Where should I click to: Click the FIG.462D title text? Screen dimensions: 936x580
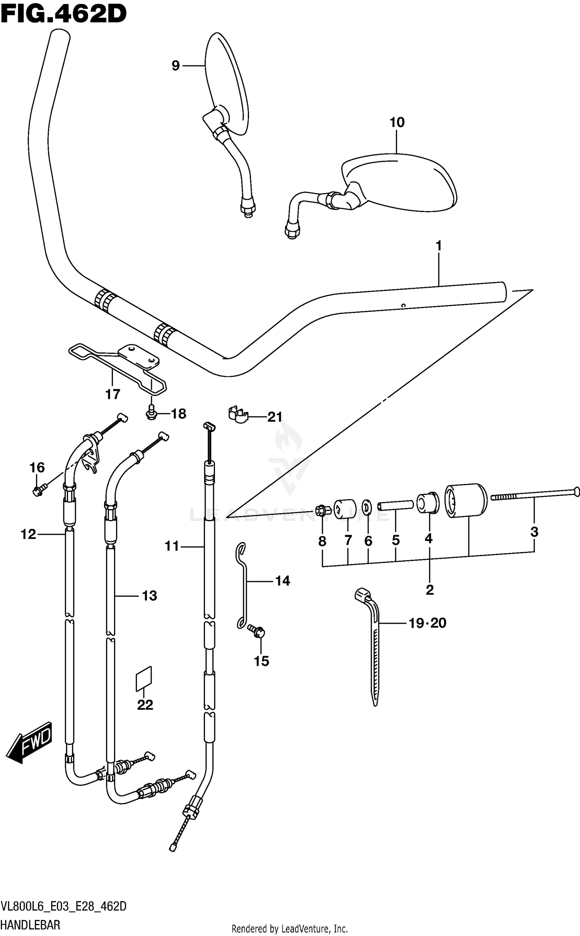(x=64, y=14)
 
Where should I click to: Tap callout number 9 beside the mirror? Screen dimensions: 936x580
(x=176, y=66)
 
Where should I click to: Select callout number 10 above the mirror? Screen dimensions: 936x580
(x=397, y=123)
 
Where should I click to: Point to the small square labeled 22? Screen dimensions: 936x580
(x=144, y=679)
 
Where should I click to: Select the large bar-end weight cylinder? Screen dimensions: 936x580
(x=466, y=500)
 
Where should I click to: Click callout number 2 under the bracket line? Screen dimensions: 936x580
(x=430, y=590)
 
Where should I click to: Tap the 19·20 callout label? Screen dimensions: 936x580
(x=428, y=623)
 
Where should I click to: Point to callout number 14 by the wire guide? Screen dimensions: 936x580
(x=283, y=581)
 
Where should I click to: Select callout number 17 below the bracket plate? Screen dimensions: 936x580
(x=113, y=394)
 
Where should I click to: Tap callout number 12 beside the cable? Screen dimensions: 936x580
(x=28, y=534)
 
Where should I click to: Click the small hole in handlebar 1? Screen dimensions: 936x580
(x=403, y=305)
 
